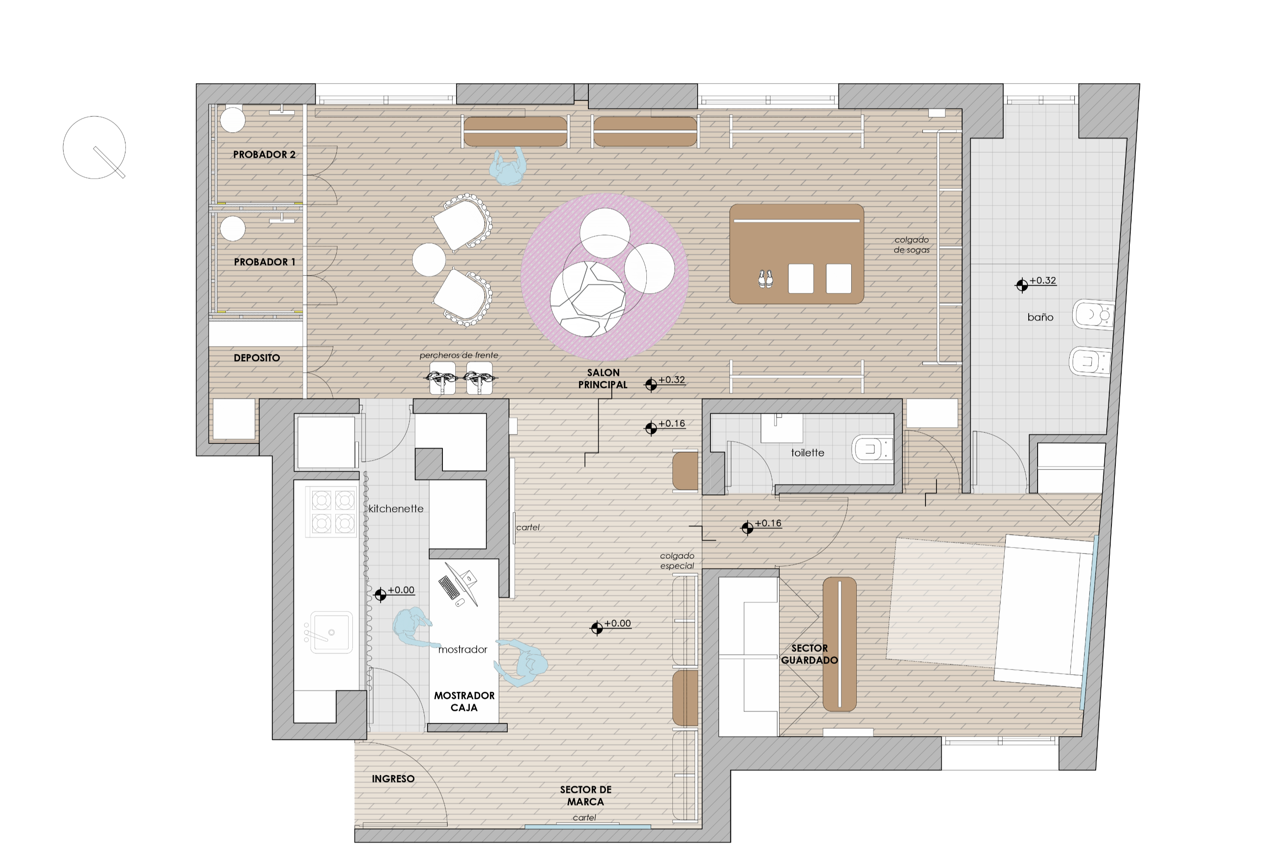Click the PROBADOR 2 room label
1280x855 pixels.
coord(264,154)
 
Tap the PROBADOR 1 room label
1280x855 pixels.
coord(265,262)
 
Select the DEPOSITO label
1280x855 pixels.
coord(256,358)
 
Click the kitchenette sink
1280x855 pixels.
coord(330,632)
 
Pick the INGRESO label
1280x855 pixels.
coord(393,779)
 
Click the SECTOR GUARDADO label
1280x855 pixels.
coord(809,654)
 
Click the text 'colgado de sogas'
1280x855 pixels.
coord(911,245)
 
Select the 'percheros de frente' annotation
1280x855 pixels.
coord(458,355)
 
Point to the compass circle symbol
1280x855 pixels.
coord(94,147)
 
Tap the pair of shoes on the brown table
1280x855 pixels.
coord(765,279)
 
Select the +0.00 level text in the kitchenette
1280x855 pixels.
coord(401,590)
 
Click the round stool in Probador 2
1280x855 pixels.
coord(233,119)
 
